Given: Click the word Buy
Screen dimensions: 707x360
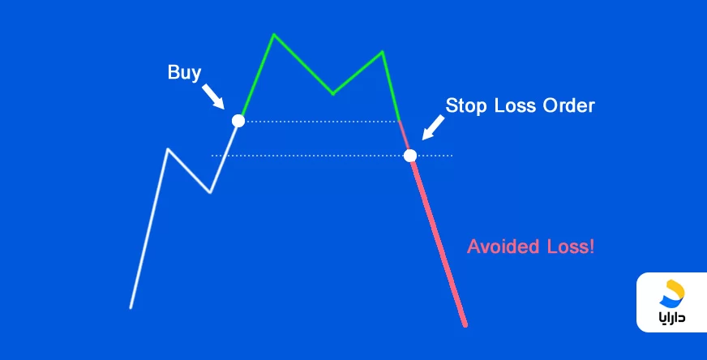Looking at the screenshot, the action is click(x=184, y=73).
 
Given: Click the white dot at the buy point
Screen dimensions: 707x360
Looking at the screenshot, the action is click(x=238, y=121).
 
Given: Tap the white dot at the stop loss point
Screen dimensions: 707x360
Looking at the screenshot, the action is click(x=410, y=156).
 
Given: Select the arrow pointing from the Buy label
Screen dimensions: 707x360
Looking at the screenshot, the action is click(x=212, y=96).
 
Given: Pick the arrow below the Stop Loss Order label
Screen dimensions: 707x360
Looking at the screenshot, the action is click(x=433, y=127).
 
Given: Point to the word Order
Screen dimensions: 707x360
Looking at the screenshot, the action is click(x=568, y=105).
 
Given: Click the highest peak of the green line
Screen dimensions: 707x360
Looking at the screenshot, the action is click(x=274, y=34).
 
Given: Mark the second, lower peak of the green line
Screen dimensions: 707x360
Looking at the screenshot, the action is click(x=383, y=52).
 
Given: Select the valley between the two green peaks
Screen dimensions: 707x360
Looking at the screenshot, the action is click(x=332, y=93).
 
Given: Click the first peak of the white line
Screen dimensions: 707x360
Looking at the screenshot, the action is click(x=168, y=149).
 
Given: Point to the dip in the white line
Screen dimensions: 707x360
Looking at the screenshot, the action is click(x=210, y=192).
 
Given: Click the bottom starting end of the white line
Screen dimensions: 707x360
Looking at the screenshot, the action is click(x=131, y=307).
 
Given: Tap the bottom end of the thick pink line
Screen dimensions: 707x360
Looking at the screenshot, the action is click(x=465, y=325).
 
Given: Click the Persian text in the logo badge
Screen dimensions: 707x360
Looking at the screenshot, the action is click(x=671, y=317).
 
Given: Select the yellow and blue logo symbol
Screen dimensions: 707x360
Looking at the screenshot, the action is click(x=672, y=294).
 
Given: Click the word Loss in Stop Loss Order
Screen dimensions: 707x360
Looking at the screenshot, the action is click(x=516, y=106).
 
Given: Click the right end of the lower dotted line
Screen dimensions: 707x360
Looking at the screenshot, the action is click(x=452, y=156).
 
